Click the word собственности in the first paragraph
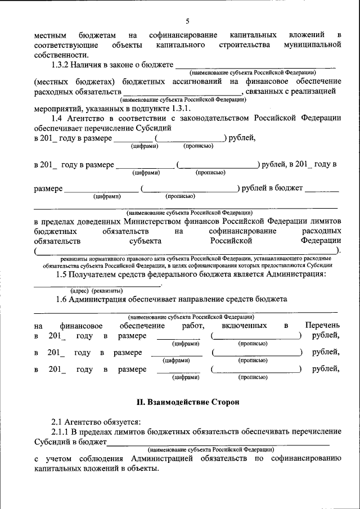coord(61,55)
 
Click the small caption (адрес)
coord(80,290)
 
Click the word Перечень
coord(322,326)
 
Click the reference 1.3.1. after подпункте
coord(179,108)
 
